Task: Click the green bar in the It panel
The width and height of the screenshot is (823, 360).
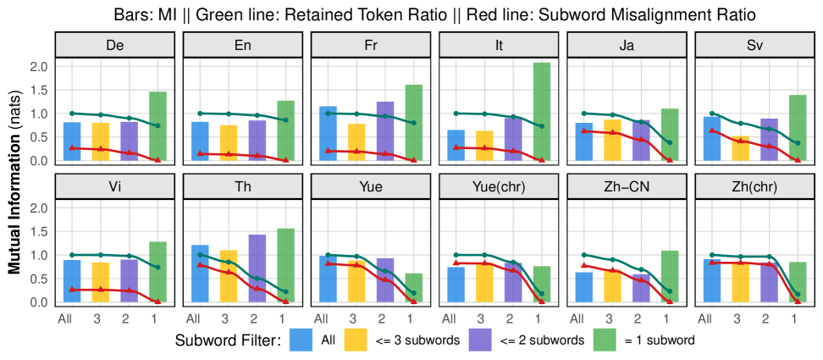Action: coord(542,111)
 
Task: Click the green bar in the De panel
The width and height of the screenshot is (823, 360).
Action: coord(158,126)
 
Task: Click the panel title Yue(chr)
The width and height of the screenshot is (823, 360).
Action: coord(499,186)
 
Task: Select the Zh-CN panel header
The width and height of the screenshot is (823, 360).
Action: coord(627,186)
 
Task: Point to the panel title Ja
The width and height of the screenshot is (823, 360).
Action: coord(627,45)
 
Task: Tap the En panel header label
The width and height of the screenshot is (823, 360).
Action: coord(243,45)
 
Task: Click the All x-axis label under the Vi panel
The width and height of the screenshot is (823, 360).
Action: coord(65,319)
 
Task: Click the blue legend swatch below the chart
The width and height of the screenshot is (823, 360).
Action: coord(301,340)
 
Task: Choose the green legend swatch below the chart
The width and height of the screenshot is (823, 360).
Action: coord(605,340)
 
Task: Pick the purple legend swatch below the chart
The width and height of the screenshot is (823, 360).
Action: coord(480,340)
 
